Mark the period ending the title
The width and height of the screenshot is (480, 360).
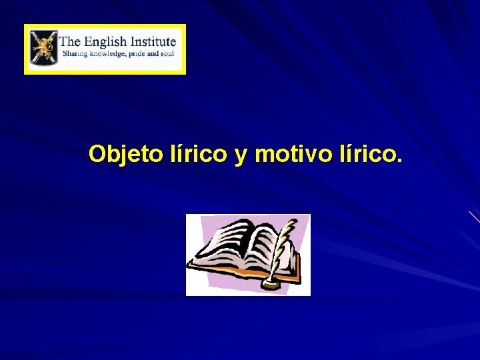coord(399,161)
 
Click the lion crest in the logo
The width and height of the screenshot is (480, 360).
coord(43,49)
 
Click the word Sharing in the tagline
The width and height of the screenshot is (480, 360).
coord(75,53)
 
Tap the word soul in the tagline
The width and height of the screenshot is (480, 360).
coord(169,53)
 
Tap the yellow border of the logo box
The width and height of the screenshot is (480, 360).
coord(105,27)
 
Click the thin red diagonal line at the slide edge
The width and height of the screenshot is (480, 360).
coord(474,216)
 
